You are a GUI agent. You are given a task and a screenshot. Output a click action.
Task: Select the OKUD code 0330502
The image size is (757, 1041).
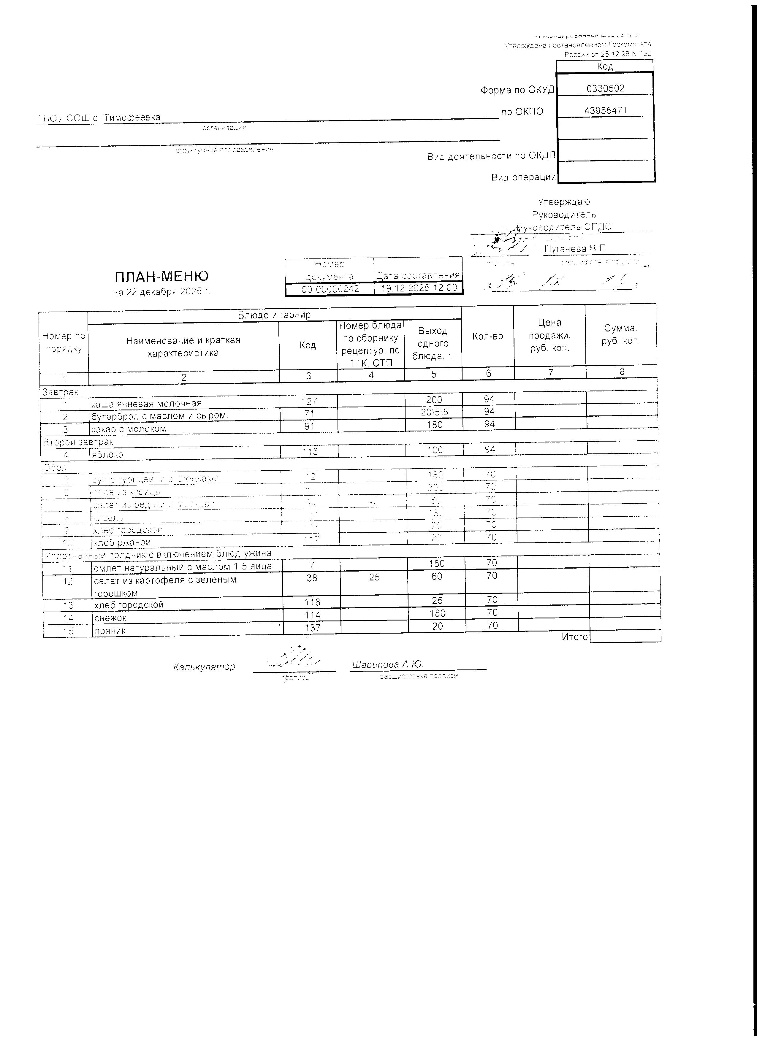click(606, 89)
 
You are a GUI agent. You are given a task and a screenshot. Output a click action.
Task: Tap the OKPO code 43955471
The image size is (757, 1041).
click(606, 111)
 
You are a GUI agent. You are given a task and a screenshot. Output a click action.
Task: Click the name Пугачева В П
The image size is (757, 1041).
click(574, 248)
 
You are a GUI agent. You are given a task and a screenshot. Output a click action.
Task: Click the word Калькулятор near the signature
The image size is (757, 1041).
click(204, 667)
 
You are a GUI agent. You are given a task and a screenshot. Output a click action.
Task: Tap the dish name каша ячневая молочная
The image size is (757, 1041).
click(146, 404)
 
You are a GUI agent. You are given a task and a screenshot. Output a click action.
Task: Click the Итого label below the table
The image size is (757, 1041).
click(574, 637)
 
